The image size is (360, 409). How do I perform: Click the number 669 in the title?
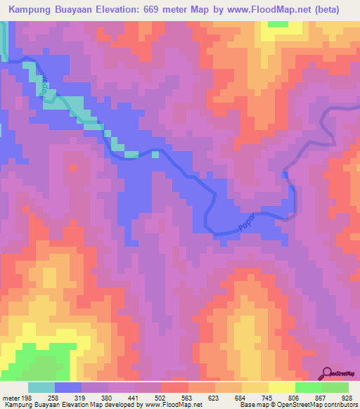(165, 10)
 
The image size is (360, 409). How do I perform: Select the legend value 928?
(345, 398)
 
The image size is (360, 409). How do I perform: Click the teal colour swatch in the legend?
(41, 387)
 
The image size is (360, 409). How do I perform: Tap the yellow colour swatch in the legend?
(282, 387)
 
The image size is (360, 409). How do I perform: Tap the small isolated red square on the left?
(73, 167)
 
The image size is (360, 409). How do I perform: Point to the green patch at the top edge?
(278, 24)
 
